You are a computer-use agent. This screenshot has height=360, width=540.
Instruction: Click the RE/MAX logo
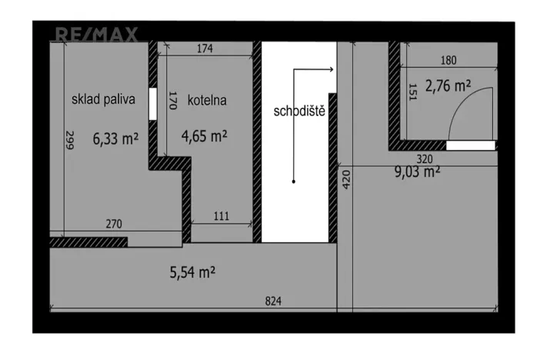(x=96, y=34)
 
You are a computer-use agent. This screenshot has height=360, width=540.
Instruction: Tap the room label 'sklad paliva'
(x=103, y=99)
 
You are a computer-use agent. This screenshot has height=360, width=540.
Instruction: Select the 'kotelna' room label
(x=206, y=100)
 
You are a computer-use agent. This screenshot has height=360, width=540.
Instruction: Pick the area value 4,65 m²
(x=204, y=136)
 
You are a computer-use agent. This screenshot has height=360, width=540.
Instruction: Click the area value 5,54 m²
(x=192, y=272)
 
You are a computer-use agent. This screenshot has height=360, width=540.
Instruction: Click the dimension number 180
(x=448, y=60)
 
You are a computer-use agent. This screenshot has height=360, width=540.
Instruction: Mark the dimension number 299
(x=69, y=141)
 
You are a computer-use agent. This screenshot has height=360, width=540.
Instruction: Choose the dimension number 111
(x=221, y=216)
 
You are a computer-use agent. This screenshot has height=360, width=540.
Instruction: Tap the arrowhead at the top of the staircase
(x=331, y=70)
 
